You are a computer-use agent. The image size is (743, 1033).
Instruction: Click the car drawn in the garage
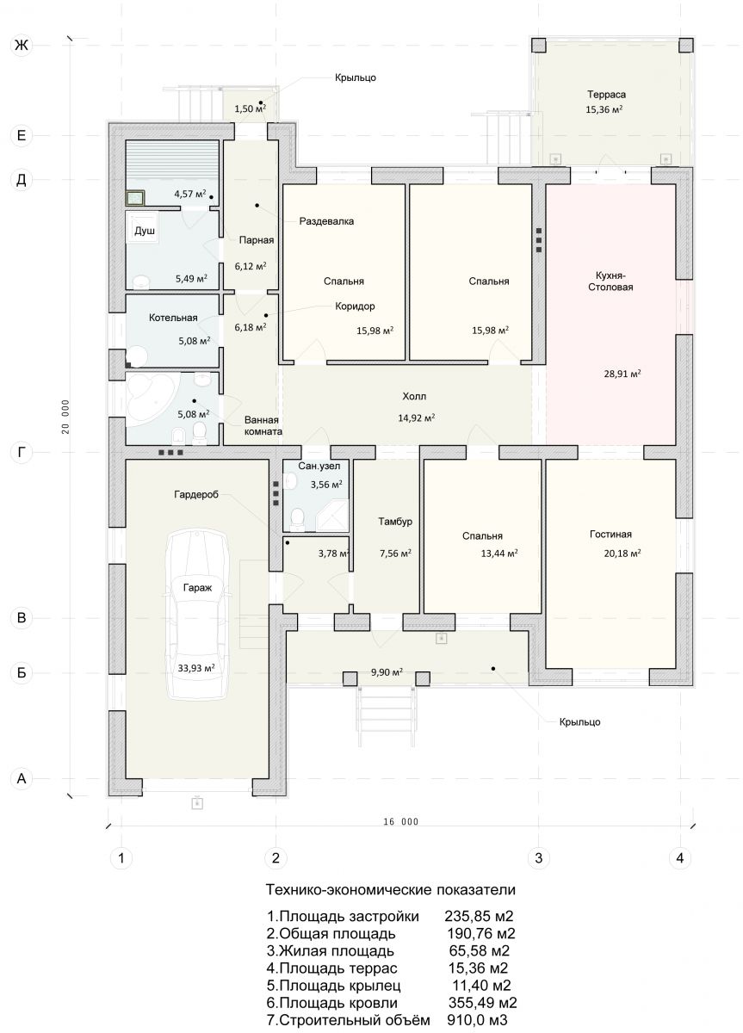[197, 614]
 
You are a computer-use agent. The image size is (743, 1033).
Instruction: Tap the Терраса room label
[606, 95]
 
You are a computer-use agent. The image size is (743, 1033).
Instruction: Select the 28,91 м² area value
[622, 374]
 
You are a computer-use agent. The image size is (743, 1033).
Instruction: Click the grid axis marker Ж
[22, 45]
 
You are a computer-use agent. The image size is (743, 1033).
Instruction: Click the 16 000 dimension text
[400, 821]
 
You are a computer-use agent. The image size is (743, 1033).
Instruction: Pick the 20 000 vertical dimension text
[65, 417]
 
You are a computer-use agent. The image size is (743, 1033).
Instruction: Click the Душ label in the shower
[145, 231]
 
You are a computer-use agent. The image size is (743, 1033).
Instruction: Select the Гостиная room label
[610, 534]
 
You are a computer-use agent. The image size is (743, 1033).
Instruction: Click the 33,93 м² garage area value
[196, 668]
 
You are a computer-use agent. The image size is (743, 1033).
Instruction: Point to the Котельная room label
[173, 318]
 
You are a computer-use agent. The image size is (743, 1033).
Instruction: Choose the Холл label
[414, 396]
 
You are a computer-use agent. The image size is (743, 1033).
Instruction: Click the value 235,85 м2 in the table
[479, 915]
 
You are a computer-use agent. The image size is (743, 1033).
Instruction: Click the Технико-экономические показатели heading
[390, 889]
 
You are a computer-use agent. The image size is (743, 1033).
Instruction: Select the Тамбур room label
[395, 522]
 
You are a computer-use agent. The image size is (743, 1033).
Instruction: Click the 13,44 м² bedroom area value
[499, 553]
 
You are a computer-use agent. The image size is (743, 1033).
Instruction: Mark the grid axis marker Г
[22, 453]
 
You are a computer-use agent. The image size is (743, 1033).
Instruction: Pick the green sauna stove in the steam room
[135, 198]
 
